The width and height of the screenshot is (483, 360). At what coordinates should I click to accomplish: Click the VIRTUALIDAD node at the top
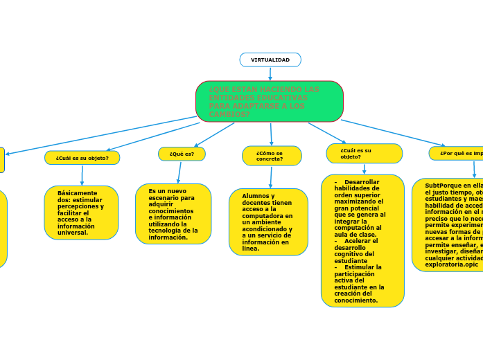[x=270, y=60]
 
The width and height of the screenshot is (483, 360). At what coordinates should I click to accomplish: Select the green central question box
[x=270, y=101]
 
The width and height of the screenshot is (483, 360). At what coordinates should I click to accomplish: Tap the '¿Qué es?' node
[x=182, y=154]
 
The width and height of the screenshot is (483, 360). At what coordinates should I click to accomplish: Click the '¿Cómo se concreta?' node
[x=272, y=156]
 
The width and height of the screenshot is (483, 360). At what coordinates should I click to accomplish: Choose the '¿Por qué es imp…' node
[x=457, y=154]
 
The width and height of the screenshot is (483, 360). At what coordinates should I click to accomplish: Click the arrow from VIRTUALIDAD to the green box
[x=270, y=73]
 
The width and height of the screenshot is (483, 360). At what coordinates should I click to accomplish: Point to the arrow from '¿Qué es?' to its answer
[x=179, y=172]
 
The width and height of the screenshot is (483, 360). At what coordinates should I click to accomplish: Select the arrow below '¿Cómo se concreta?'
[x=271, y=177]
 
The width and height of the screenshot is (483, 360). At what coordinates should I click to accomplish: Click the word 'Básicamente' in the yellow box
[x=78, y=193]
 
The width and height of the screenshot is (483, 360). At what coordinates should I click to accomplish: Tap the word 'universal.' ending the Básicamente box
[x=73, y=233]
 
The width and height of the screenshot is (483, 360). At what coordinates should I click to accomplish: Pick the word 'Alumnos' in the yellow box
[x=254, y=196]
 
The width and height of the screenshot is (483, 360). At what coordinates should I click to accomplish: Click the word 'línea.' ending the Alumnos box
[x=251, y=249]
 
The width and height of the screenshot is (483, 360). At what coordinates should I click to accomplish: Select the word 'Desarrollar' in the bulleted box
[x=362, y=181]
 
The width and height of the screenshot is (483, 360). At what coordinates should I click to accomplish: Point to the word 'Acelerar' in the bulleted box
[x=361, y=241]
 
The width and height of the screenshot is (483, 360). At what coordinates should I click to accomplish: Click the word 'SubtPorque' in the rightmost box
[x=444, y=186]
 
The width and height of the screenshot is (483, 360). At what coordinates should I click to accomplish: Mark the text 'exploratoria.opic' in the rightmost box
[x=451, y=264]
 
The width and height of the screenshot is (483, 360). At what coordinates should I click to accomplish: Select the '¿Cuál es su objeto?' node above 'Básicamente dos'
[x=82, y=158]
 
